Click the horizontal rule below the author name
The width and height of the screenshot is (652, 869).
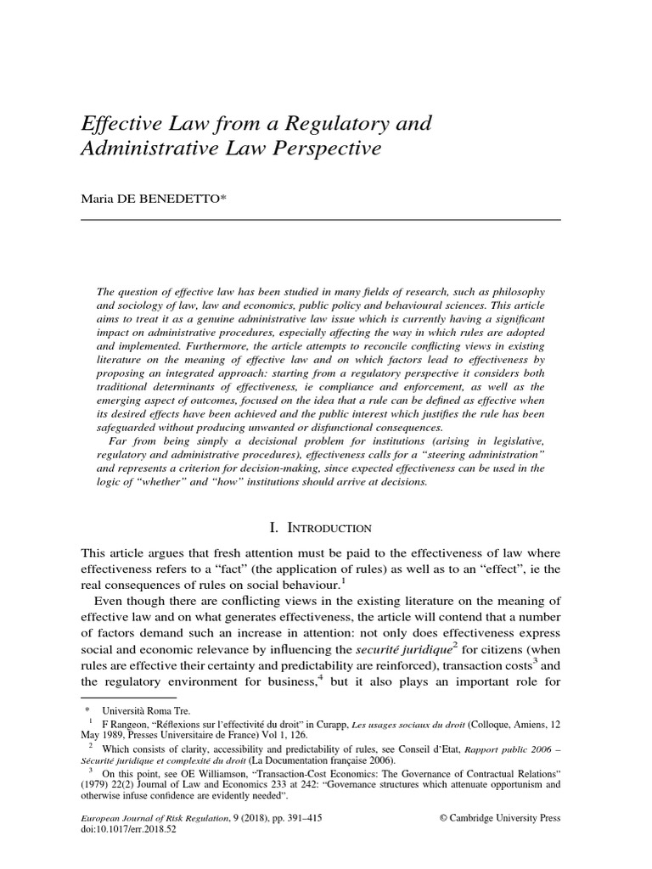pyautogui.click(x=320, y=220)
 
